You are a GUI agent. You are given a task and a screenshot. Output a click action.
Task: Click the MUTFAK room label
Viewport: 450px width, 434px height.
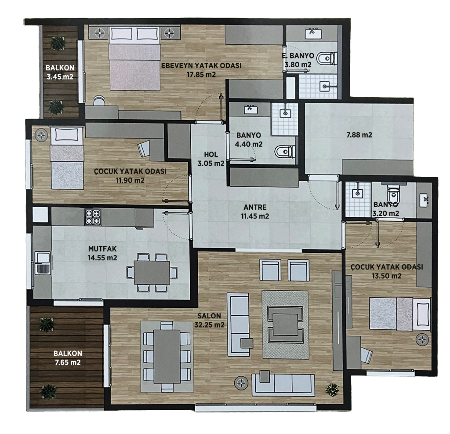102,249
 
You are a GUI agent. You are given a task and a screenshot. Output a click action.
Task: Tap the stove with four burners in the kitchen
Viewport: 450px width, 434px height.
93,217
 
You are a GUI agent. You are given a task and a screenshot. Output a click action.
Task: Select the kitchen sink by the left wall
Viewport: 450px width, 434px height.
43,263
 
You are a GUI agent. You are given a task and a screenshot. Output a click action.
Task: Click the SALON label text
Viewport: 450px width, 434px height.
209,316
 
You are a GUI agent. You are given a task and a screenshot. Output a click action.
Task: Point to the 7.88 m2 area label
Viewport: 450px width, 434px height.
359,135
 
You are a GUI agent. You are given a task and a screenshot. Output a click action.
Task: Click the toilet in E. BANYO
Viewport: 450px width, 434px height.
327,59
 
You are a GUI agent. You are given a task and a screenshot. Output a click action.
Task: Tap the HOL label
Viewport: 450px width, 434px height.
211,154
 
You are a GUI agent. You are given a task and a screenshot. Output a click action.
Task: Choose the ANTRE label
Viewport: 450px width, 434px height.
255,207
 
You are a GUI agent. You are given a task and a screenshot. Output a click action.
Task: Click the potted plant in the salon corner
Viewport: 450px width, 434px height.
332,390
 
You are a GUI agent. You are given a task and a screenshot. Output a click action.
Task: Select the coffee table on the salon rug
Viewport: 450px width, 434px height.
285,324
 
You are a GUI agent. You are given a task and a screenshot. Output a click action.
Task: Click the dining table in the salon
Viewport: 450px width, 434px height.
167,357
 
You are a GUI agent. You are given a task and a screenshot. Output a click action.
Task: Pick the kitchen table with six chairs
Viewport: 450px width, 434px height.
152,273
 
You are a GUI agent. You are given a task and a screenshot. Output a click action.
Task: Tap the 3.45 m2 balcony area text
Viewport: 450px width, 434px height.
60,77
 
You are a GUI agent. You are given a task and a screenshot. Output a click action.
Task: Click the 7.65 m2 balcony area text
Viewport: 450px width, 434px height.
68,362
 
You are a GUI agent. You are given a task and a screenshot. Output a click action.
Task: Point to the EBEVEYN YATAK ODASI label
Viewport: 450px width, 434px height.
201,66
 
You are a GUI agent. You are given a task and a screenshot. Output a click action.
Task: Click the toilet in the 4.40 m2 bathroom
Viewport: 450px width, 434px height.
285,151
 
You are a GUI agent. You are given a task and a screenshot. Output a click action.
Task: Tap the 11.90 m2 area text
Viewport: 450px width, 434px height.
130,180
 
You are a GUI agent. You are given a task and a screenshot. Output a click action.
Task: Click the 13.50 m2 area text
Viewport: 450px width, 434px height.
387,276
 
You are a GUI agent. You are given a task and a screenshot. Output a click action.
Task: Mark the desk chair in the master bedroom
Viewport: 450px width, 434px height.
99,101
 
